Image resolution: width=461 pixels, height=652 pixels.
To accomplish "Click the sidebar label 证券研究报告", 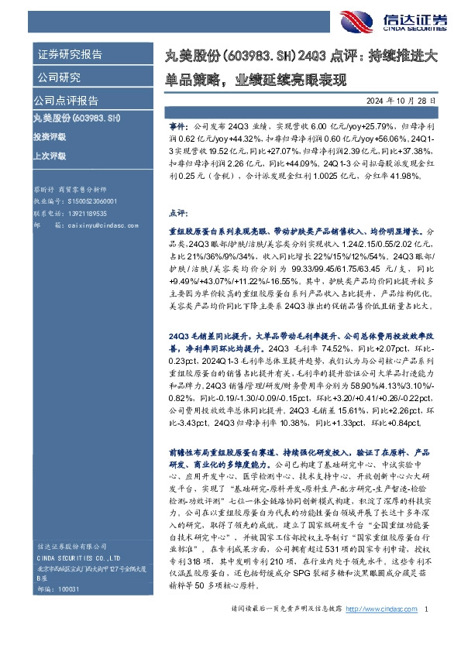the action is (70, 54).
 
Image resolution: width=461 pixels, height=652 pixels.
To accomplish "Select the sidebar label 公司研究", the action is (59, 77).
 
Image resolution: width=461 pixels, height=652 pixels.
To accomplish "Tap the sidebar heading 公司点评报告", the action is (65, 101).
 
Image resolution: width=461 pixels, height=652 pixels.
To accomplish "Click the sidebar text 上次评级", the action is (50, 156).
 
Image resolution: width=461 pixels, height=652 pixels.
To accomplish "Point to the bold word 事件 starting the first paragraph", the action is (177, 124).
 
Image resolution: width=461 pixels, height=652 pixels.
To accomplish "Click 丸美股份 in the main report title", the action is (194, 54).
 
